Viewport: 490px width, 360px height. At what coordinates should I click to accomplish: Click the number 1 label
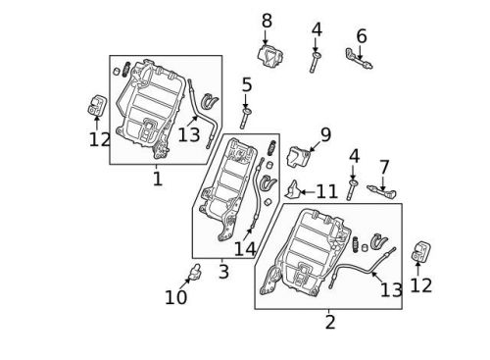coord(157,180)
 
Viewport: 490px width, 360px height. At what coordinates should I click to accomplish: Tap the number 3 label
coord(223,271)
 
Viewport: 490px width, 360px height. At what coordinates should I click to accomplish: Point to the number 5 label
coord(247,85)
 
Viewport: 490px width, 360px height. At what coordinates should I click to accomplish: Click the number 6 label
coord(362,36)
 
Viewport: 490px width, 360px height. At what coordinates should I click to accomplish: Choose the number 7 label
coord(384,167)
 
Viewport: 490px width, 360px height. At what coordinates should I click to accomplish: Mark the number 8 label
coord(267,21)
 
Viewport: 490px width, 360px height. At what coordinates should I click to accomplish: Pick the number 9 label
coord(325,133)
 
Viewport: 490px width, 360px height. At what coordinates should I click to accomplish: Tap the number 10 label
coord(176,296)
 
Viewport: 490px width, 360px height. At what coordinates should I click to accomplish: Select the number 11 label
coord(326,190)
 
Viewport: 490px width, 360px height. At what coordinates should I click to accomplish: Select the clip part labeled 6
coord(358,60)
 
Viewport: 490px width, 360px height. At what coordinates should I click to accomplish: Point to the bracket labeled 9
coord(300,156)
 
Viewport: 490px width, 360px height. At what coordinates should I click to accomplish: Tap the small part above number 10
coord(194,271)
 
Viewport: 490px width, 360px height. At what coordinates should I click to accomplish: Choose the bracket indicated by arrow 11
coord(293,188)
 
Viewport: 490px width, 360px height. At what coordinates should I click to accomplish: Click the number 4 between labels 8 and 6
coord(316,28)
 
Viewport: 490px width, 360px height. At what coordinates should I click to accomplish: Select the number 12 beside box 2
coord(421,285)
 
